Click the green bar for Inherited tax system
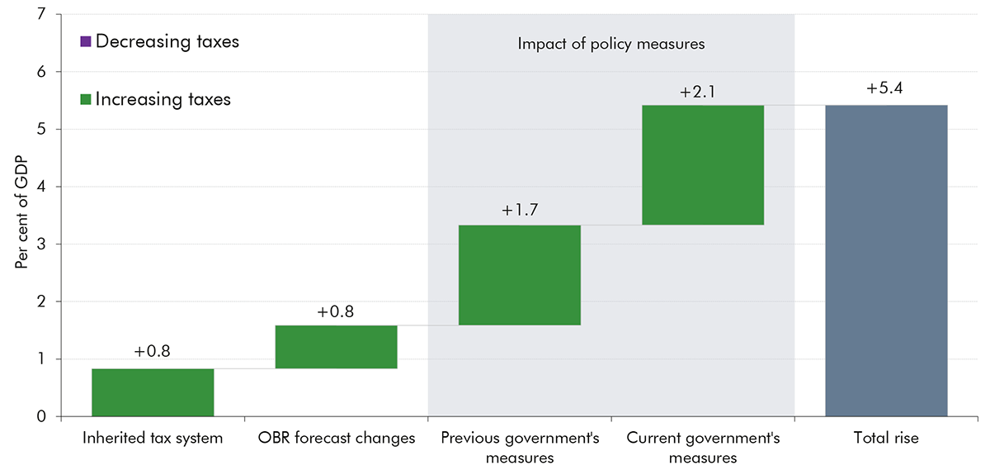153,392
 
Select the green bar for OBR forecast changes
336,347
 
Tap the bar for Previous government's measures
520,275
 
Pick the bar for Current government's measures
703,165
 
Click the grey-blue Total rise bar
886,261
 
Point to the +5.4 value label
886,89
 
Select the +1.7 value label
520,210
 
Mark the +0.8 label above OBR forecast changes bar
336,311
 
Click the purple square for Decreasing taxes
86,41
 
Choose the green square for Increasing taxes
86,99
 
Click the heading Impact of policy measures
611,44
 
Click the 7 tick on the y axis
41,15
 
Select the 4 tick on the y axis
41,187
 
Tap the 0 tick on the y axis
41,416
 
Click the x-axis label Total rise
886,439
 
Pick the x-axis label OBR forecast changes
336,439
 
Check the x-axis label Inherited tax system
153,439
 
